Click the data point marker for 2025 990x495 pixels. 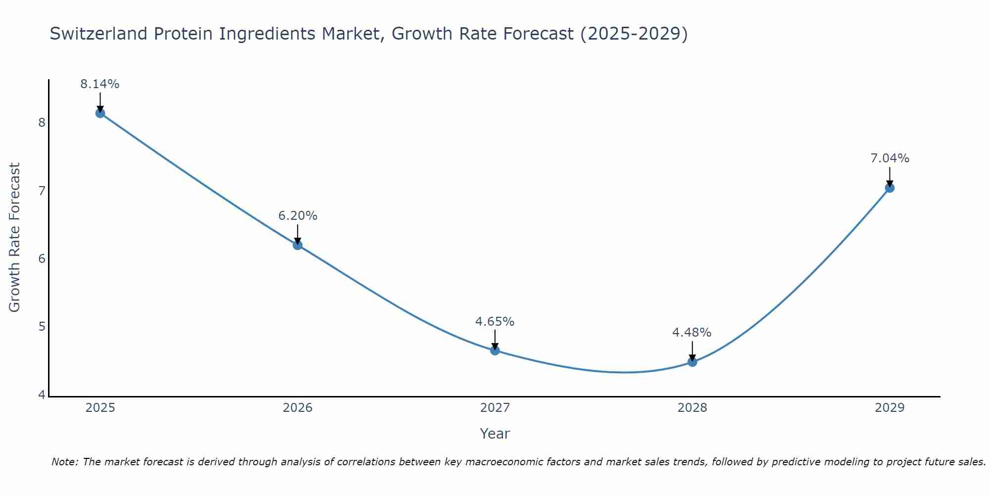coord(100,113)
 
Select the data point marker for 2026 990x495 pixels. coord(297,245)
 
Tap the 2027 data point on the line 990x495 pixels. coord(495,350)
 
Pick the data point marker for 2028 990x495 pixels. coord(692,362)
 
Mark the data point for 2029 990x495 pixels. coord(890,188)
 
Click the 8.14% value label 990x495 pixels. coord(100,84)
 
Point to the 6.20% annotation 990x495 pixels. coord(297,216)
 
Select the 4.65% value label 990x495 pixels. coord(495,322)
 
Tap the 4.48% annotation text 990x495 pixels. coord(692,333)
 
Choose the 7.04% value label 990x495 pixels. coord(890,158)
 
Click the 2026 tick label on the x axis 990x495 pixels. coord(297,408)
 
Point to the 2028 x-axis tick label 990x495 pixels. coord(692,408)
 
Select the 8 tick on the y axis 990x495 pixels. coord(42,122)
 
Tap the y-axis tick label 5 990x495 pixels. coord(42,327)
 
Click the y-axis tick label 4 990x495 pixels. coord(42,395)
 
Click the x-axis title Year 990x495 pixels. coord(495,434)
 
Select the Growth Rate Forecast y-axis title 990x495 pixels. coord(15,238)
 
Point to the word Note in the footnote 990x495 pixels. coord(64,462)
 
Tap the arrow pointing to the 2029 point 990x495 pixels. coord(890,177)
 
